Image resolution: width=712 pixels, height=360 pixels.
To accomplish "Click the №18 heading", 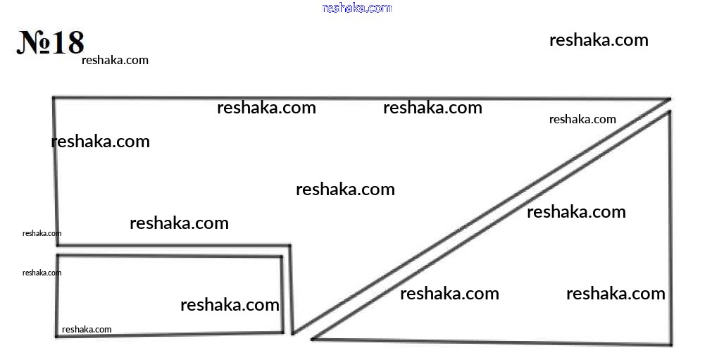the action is tap(51, 42).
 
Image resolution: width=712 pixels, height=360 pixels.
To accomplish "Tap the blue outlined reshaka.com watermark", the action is tap(357, 8).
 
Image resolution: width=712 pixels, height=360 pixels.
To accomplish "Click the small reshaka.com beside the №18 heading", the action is tap(115, 60).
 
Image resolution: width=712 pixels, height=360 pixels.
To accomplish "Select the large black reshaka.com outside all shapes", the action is tap(599, 40).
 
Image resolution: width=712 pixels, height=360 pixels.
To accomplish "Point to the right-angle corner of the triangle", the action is tap(670, 344).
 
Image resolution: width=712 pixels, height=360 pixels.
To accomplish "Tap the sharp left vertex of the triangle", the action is tap(313, 339).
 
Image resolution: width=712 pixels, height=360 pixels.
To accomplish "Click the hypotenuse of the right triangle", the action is tap(490, 225).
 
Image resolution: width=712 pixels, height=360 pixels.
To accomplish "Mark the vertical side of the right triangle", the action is tap(670, 228).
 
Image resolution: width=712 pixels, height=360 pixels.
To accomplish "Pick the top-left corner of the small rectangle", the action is tap(58, 256).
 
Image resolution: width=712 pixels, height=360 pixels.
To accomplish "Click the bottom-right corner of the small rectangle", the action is tap(283, 333).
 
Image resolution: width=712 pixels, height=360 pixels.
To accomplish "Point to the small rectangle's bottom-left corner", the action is tap(57, 336).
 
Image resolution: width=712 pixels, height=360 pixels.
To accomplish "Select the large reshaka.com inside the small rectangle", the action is tap(230, 304).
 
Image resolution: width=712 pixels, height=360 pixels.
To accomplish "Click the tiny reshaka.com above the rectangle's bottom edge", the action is tap(87, 329).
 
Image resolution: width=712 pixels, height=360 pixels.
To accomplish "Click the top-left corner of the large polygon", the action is tap(54, 97).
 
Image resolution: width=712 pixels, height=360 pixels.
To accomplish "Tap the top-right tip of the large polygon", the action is tap(670, 99).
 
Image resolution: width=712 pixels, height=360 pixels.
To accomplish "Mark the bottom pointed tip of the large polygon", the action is tap(293, 334).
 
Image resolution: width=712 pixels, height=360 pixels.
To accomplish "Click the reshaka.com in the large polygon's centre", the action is tap(345, 190).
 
